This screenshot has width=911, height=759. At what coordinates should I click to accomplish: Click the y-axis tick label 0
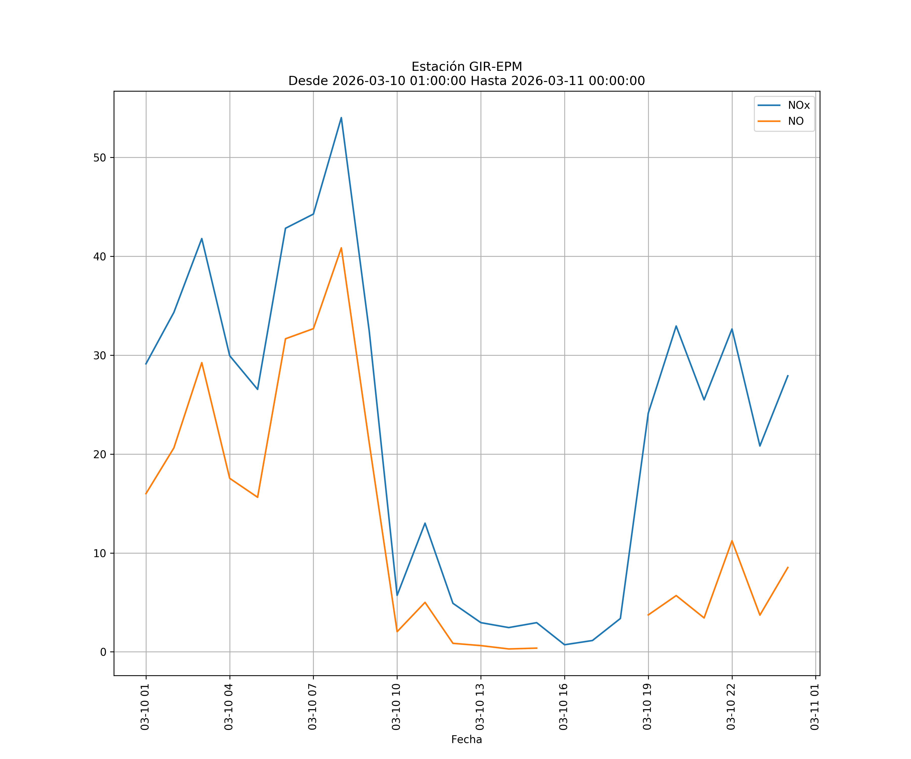coord(103,652)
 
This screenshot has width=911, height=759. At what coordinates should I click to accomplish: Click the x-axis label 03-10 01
coord(145,707)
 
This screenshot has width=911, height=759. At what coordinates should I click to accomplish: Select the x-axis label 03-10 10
coord(397,707)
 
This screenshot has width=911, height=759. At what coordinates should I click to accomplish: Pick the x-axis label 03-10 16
coord(564,707)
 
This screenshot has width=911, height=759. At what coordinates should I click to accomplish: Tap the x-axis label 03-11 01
coord(815,707)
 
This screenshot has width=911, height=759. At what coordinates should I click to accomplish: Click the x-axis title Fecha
coord(466,740)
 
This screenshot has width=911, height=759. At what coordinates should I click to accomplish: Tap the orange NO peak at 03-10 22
coord(732,541)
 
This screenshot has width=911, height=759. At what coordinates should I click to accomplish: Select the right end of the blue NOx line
coord(788,376)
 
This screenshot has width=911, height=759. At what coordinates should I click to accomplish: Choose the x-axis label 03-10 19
coord(648,707)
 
